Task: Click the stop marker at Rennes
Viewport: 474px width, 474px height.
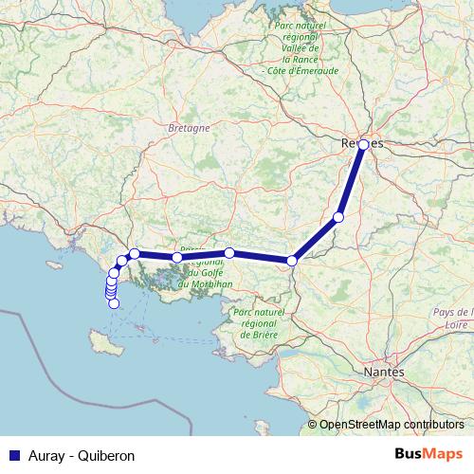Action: pyautogui.click(x=363, y=145)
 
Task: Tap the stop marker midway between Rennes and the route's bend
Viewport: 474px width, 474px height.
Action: pyautogui.click(x=338, y=217)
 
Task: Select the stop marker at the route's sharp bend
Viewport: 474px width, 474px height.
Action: pyautogui.click(x=293, y=260)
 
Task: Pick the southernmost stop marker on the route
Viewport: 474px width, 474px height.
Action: pyautogui.click(x=112, y=303)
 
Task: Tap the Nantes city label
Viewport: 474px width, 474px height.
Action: pyautogui.click(x=384, y=374)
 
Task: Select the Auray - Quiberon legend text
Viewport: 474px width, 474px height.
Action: pyautogui.click(x=82, y=455)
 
